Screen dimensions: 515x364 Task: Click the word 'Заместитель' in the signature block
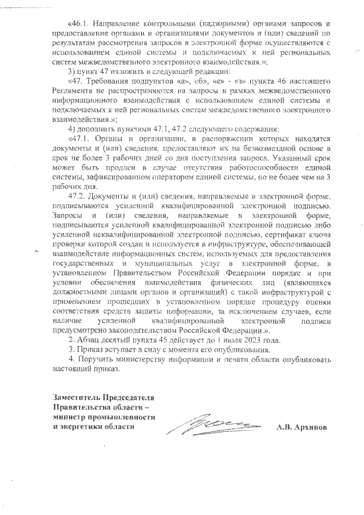[x=78, y=397]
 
